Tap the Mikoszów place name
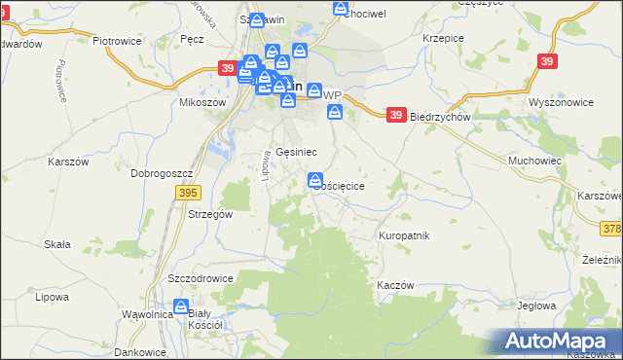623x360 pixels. pos(202,102)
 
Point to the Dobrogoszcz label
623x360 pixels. pos(164,173)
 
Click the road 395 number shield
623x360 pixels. pos(189,195)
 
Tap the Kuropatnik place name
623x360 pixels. pos(404,236)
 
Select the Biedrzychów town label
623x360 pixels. pos(440,116)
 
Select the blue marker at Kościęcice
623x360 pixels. pos(315,180)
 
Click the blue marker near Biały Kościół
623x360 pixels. pos(181,307)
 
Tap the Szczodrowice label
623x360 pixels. pos(201,277)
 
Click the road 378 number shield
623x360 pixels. pos(612,229)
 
